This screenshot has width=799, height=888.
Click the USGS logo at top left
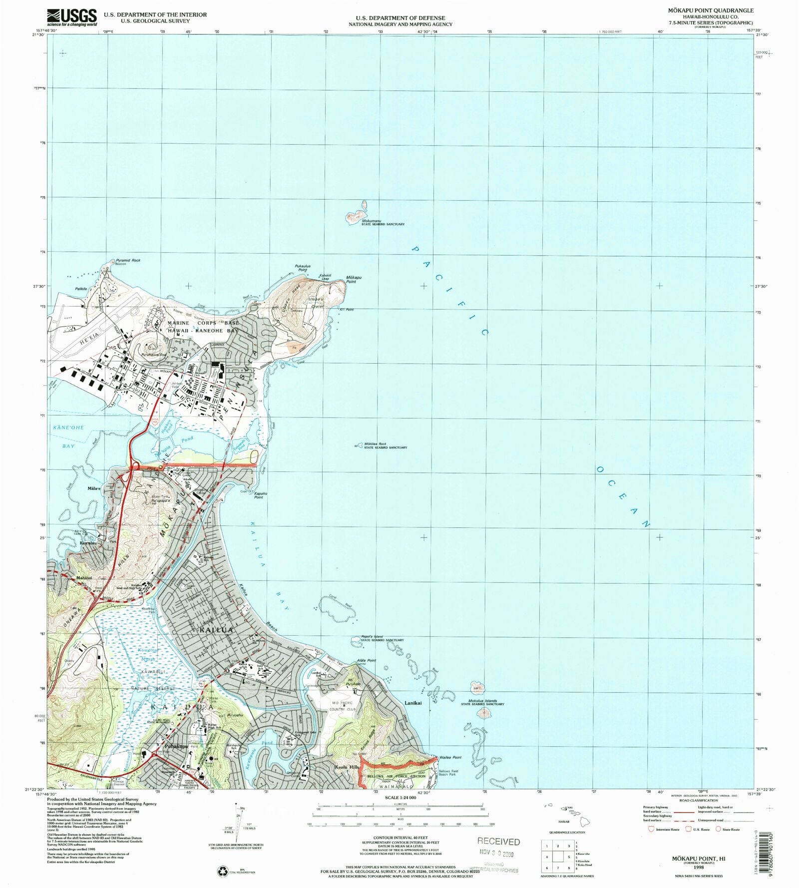(x=72, y=17)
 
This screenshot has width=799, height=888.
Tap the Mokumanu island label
(x=372, y=221)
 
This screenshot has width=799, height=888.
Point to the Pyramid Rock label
(x=128, y=260)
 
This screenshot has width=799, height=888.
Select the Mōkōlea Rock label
(x=375, y=444)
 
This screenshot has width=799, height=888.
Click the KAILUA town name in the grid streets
(x=216, y=630)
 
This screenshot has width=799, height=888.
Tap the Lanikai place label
(x=413, y=703)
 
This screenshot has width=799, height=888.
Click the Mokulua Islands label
(x=479, y=701)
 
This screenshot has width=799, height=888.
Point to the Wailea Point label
(x=450, y=757)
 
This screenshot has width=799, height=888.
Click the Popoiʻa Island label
(x=372, y=636)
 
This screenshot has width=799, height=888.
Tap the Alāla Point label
(x=367, y=660)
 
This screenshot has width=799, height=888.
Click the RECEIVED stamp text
(x=498, y=841)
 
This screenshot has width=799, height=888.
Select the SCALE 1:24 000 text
(x=400, y=798)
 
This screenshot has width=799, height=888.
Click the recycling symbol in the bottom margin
(x=222, y=871)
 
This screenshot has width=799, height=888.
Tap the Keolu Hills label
(x=347, y=767)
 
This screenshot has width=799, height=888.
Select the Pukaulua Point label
(x=303, y=268)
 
